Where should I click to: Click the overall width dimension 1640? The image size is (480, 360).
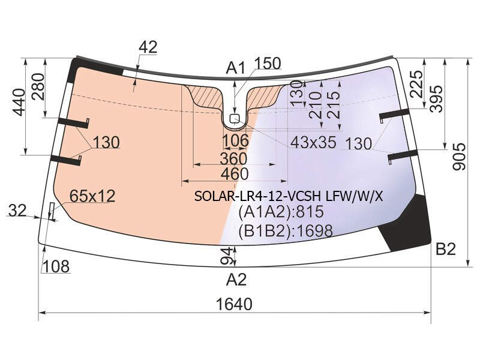[x=234, y=304]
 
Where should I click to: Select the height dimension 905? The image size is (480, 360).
[x=459, y=157]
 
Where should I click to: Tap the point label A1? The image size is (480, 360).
[x=235, y=68]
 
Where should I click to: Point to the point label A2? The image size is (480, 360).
[x=236, y=280]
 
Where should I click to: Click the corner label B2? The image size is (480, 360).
[x=446, y=249]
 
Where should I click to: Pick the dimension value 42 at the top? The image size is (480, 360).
[x=148, y=47]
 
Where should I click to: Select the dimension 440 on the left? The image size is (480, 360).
[x=19, y=102]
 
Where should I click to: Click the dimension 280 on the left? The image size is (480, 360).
[x=38, y=86]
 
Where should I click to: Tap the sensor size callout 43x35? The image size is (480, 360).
[x=313, y=142]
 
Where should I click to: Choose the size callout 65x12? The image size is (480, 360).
[x=92, y=196]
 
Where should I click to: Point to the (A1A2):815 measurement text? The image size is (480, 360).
[x=281, y=212]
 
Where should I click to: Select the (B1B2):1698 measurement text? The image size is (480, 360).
[x=286, y=231]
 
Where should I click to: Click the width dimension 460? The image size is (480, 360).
[x=235, y=174]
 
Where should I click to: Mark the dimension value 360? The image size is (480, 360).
[x=233, y=158]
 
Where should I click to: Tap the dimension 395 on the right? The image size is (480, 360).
[x=436, y=98]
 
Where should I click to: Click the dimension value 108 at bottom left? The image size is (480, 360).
[x=55, y=266]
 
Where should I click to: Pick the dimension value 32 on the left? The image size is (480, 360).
[x=17, y=211]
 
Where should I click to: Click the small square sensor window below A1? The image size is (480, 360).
[x=235, y=118]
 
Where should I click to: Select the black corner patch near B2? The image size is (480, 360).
[x=406, y=223]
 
